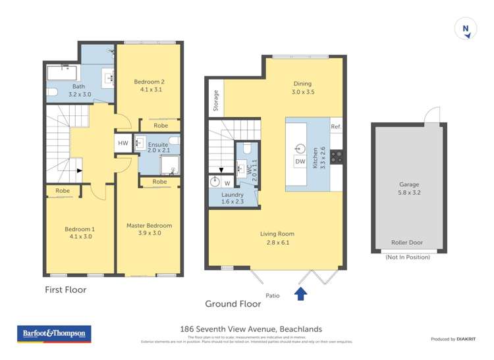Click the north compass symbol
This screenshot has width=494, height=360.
point(466,30)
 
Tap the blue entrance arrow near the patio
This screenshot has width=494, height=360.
point(300,294)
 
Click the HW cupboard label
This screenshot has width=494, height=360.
point(123,143)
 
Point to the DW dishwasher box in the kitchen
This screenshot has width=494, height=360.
point(300,161)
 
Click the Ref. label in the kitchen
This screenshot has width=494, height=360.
point(335,127)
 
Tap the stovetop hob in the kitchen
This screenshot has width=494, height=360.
point(336,157)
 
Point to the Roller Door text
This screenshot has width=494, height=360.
point(407,242)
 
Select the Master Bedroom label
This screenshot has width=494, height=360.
point(149,229)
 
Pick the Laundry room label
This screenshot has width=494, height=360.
point(233,198)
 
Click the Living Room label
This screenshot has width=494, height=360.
point(277,238)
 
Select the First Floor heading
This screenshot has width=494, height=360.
point(65,290)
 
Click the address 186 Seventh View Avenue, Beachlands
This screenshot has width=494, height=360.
point(251,329)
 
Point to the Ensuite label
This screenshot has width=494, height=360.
point(157,148)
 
